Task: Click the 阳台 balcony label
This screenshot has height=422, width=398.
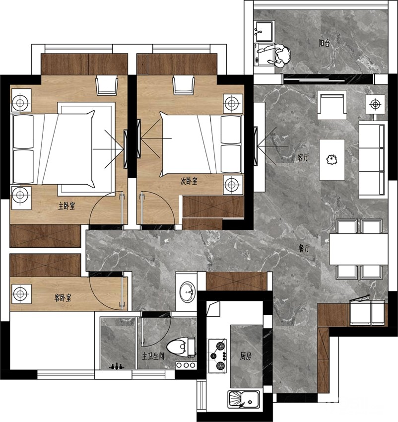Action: [x=324, y=43]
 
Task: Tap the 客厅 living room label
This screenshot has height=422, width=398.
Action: [x=303, y=157]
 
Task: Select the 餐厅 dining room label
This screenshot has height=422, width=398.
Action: [x=304, y=249]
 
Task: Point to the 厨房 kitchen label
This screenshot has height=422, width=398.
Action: [x=246, y=356]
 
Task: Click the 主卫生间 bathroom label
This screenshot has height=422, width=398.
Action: [x=153, y=356]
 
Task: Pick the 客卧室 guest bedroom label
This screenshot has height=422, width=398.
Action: [x=63, y=298]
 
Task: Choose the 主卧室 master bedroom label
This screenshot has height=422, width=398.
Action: [x=66, y=206]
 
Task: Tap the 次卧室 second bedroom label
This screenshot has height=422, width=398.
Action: [x=189, y=181]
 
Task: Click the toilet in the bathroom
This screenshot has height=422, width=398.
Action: [x=181, y=347]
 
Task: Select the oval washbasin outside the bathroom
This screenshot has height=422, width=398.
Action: [x=187, y=291]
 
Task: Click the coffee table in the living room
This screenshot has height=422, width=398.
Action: [x=332, y=159]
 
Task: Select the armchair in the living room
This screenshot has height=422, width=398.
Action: [x=332, y=105]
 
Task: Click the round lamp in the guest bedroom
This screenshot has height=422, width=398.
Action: [x=20, y=294]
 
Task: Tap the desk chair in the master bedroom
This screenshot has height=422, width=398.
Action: [x=107, y=85]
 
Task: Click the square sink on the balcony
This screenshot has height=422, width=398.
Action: [x=264, y=31]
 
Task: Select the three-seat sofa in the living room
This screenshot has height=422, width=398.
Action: [x=372, y=160]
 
